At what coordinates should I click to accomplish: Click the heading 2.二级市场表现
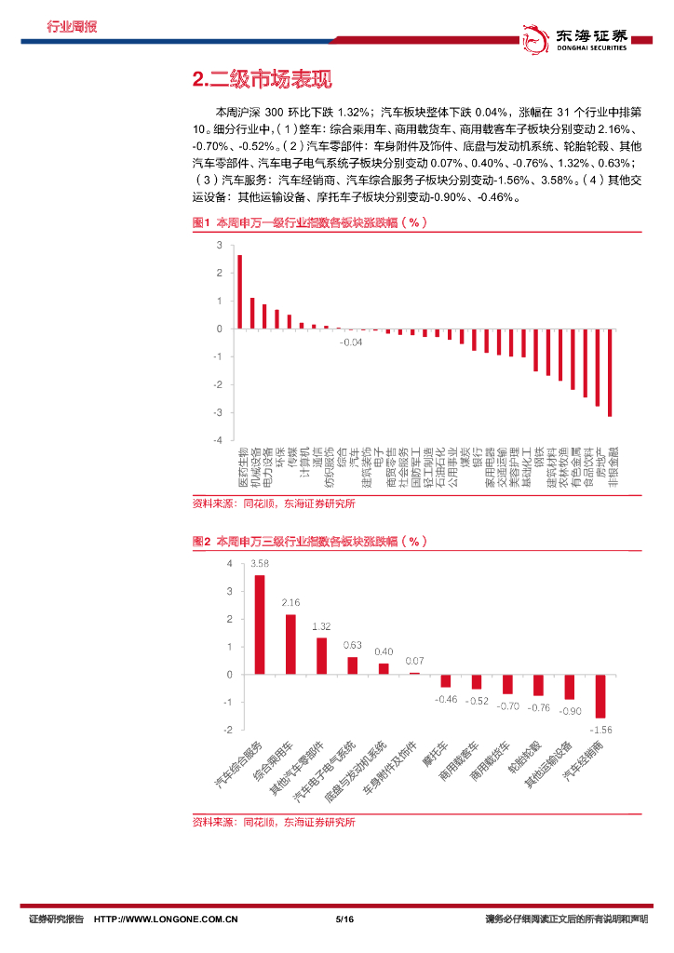(x=261, y=81)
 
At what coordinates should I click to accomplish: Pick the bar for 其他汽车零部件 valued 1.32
(x=321, y=655)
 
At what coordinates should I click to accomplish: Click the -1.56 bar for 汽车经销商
(x=600, y=695)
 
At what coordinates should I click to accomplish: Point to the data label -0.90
(x=569, y=709)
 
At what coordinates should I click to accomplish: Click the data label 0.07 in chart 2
(x=414, y=662)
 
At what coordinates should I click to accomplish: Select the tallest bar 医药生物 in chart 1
(x=239, y=291)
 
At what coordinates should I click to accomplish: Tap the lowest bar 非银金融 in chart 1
(x=610, y=372)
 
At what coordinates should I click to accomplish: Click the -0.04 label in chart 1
(x=351, y=342)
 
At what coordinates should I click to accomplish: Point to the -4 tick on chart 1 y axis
(x=218, y=439)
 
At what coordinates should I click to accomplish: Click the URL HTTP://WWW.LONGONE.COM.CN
(x=168, y=919)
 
